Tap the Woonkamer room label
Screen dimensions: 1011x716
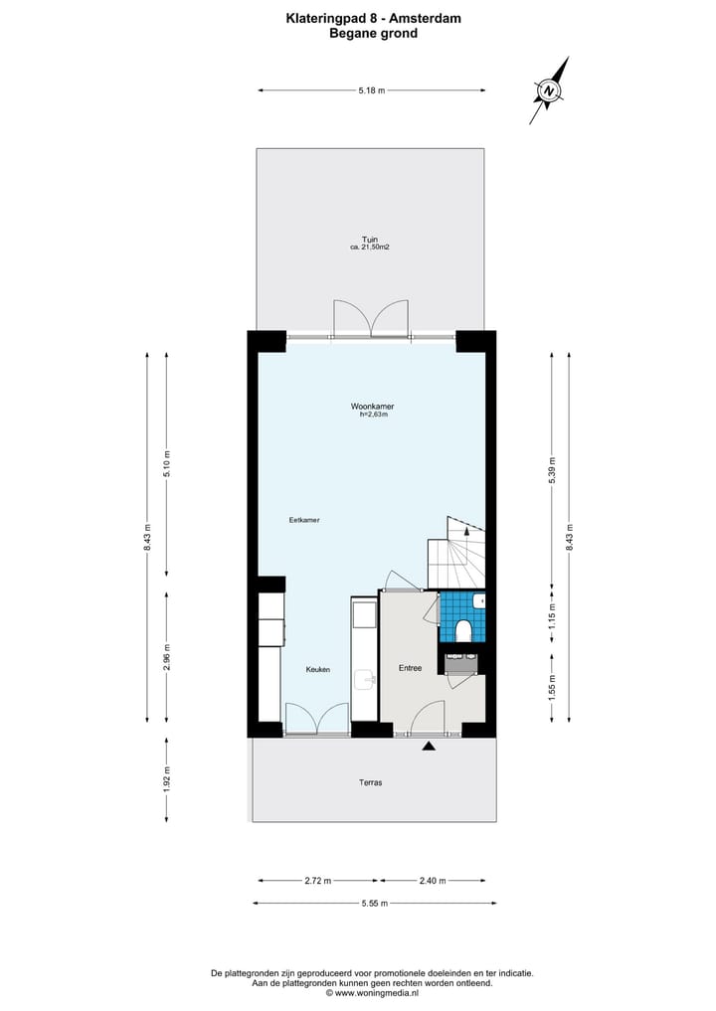tap(372, 407)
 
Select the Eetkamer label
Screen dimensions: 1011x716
tap(303, 520)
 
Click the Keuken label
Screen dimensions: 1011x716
tap(318, 670)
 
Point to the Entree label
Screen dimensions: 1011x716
tap(410, 668)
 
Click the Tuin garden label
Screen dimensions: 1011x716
tap(370, 240)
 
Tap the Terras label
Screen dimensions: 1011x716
tap(370, 782)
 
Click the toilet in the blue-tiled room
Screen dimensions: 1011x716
tap(463, 630)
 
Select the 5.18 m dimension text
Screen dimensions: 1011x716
tap(372, 90)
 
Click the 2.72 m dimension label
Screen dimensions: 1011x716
tap(319, 880)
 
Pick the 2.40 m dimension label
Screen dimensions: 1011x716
tap(434, 880)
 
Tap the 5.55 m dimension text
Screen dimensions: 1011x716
tap(373, 903)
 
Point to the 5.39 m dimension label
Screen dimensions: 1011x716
tap(552, 467)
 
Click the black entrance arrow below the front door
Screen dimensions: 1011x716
tap(429, 746)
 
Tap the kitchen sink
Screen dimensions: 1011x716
tap(366, 680)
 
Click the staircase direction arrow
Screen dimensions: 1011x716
tap(467, 533)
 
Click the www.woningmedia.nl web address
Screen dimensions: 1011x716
tap(377, 992)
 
